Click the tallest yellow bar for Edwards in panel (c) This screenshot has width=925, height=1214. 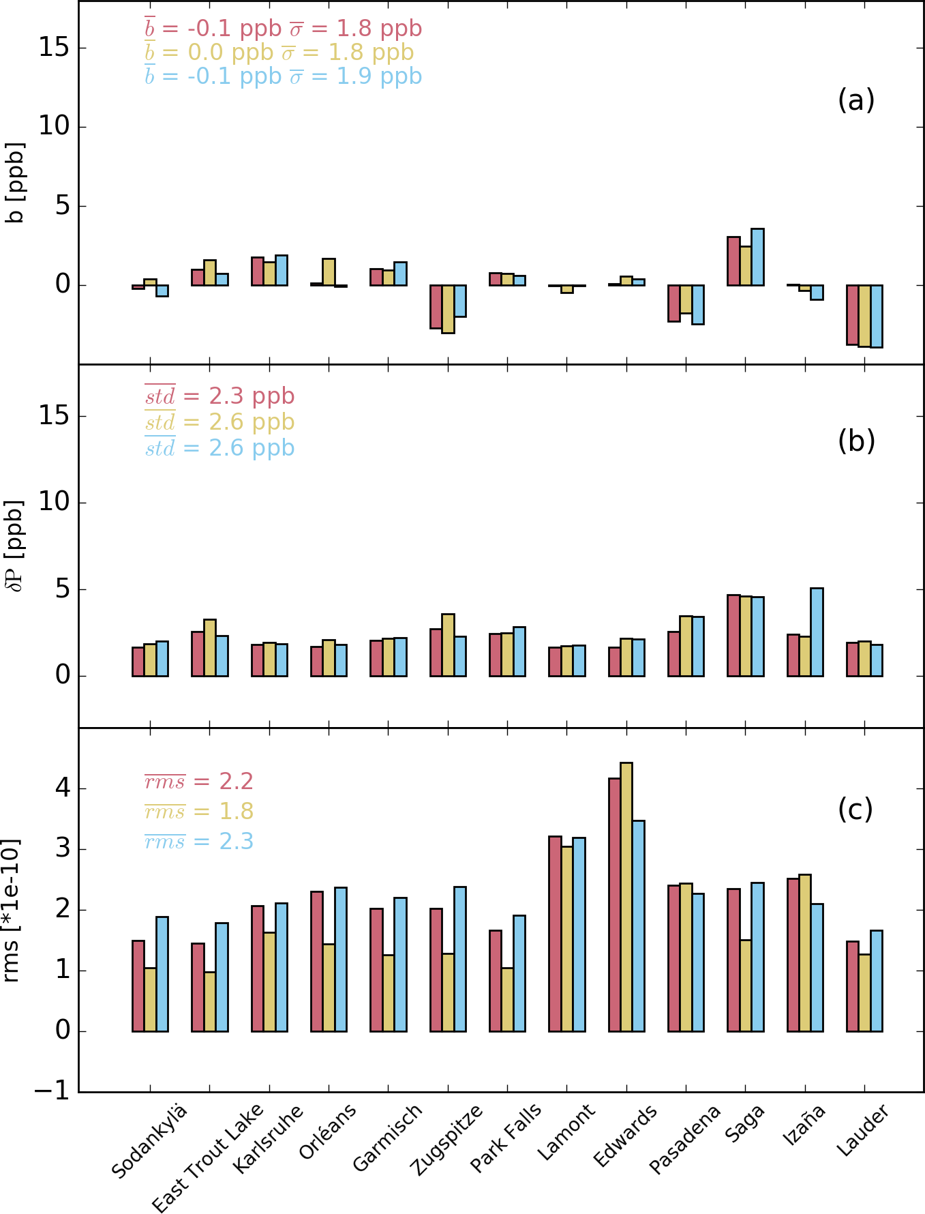pos(626,897)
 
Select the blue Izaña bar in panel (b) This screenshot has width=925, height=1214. pos(817,632)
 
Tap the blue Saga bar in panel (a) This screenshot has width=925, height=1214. pos(757,257)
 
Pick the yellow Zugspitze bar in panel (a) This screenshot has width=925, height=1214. pos(448,309)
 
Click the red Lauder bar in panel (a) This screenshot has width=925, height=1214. pos(852,315)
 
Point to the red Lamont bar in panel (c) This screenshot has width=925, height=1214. pos(555,934)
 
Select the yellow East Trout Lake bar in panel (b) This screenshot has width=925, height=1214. pos(210,648)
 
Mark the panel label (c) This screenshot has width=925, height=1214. pos(855,809)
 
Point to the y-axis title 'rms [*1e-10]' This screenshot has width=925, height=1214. pos(11,910)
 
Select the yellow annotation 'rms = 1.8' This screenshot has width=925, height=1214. pos(199,811)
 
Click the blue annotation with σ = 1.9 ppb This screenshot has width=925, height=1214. pos(284,76)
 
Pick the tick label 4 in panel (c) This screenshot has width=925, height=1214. pos(63,789)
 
